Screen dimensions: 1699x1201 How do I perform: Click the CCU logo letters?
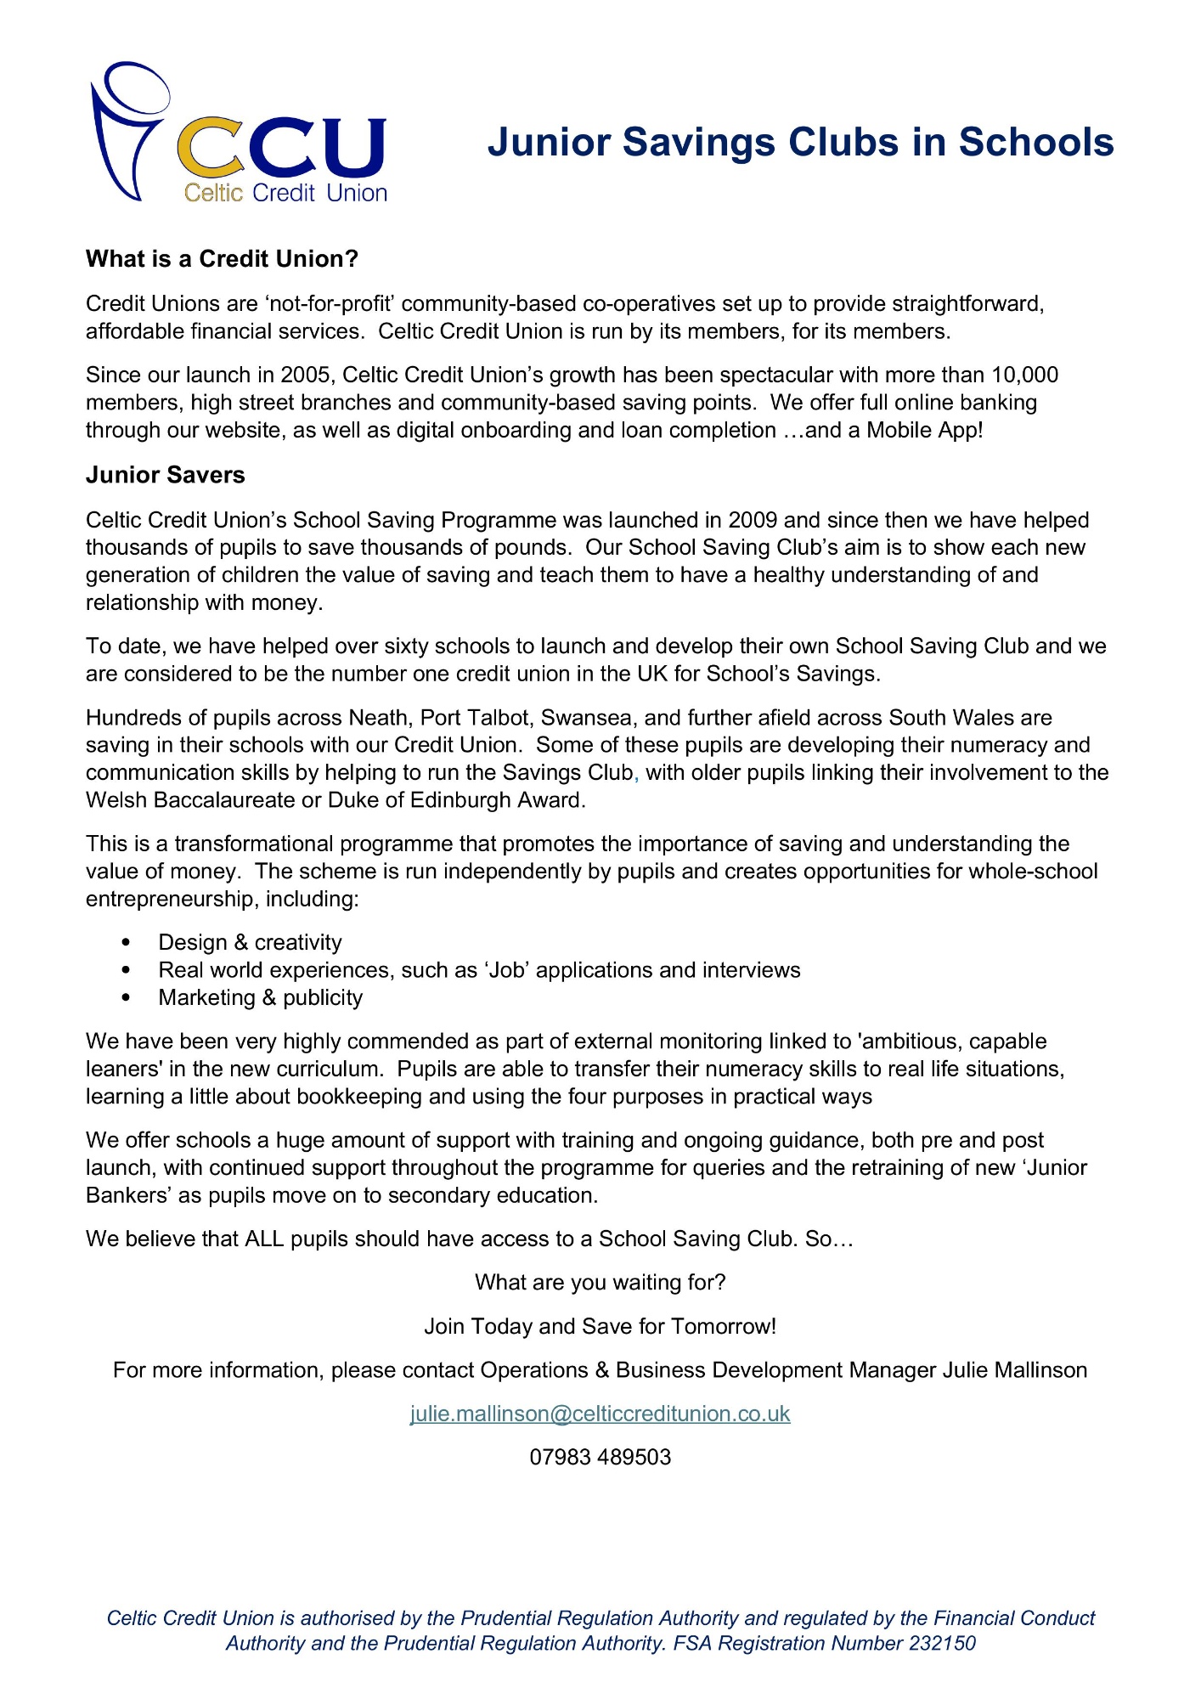point(281,150)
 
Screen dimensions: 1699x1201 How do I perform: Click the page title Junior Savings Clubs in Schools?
point(800,143)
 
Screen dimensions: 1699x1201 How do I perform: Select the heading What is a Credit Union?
point(222,259)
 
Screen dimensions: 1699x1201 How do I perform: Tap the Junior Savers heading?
point(165,475)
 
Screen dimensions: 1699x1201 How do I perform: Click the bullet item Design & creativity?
point(250,943)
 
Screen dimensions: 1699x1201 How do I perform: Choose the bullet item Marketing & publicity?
point(260,998)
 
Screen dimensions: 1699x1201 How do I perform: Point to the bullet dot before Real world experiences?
point(127,970)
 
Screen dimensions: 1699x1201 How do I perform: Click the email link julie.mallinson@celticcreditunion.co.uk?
point(600,1414)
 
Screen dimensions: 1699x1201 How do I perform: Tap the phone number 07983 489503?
point(600,1457)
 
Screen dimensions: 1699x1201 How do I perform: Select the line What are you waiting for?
point(600,1282)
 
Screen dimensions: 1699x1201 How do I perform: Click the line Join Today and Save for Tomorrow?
point(600,1326)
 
